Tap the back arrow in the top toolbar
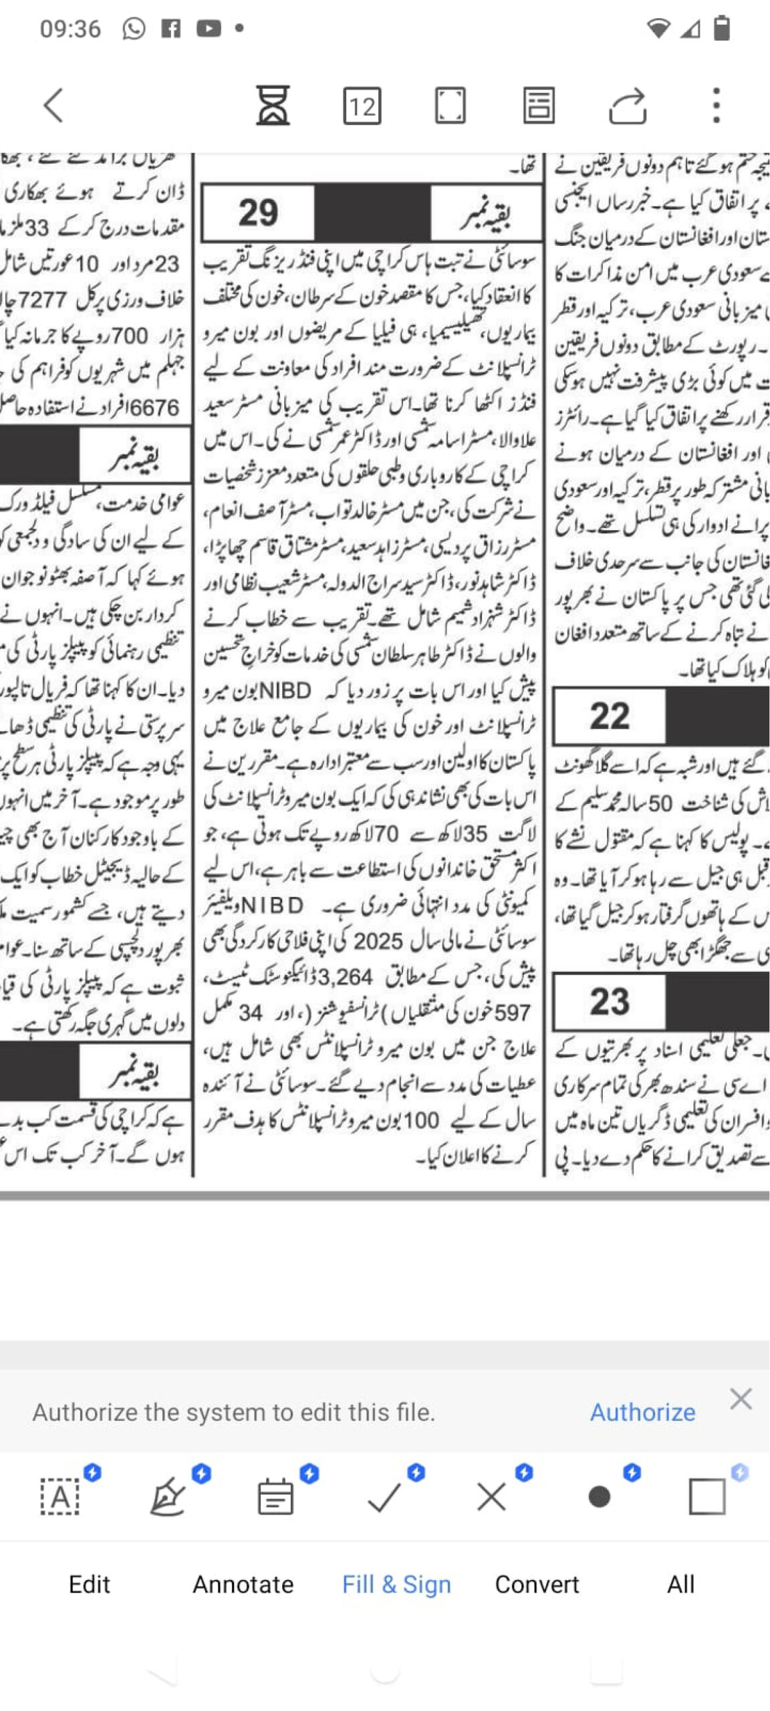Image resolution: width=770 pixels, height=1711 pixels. click(x=53, y=106)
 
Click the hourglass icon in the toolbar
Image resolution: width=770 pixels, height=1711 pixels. click(x=273, y=106)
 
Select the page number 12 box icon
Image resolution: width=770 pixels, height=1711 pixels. click(x=362, y=106)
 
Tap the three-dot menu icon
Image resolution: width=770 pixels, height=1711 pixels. click(x=716, y=106)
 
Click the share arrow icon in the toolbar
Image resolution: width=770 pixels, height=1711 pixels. click(x=627, y=106)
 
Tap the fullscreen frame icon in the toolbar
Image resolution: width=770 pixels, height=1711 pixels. click(x=450, y=106)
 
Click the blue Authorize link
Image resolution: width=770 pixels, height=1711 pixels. click(x=642, y=1412)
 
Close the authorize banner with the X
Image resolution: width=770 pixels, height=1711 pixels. click(x=741, y=1398)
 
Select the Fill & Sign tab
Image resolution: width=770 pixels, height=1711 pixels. click(x=396, y=1583)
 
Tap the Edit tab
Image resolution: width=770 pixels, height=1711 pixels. click(x=89, y=1583)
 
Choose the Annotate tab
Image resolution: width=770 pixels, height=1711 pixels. click(x=243, y=1583)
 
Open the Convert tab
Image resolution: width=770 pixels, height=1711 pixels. click(x=537, y=1583)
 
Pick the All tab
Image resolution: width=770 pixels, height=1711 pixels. click(x=680, y=1583)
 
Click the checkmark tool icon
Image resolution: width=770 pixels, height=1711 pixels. click(x=384, y=1497)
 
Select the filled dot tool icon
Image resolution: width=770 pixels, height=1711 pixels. click(x=599, y=1497)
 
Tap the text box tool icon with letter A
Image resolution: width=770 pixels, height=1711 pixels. click(x=60, y=1497)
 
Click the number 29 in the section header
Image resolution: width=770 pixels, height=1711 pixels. click(x=258, y=213)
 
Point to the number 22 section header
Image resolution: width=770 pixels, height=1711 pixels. click(x=609, y=716)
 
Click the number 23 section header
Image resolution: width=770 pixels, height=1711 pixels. click(x=609, y=1001)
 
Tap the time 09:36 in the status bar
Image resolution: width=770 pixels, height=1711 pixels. click(x=70, y=29)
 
